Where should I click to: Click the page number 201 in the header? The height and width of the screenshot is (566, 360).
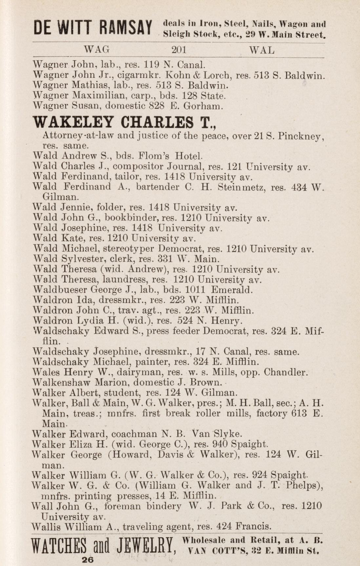click(179, 50)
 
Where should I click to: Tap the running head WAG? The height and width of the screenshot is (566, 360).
click(97, 50)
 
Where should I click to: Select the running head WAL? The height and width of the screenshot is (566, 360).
click(262, 50)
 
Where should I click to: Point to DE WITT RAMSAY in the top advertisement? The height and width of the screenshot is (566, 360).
click(93, 29)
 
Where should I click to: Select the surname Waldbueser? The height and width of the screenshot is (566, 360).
click(60, 290)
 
